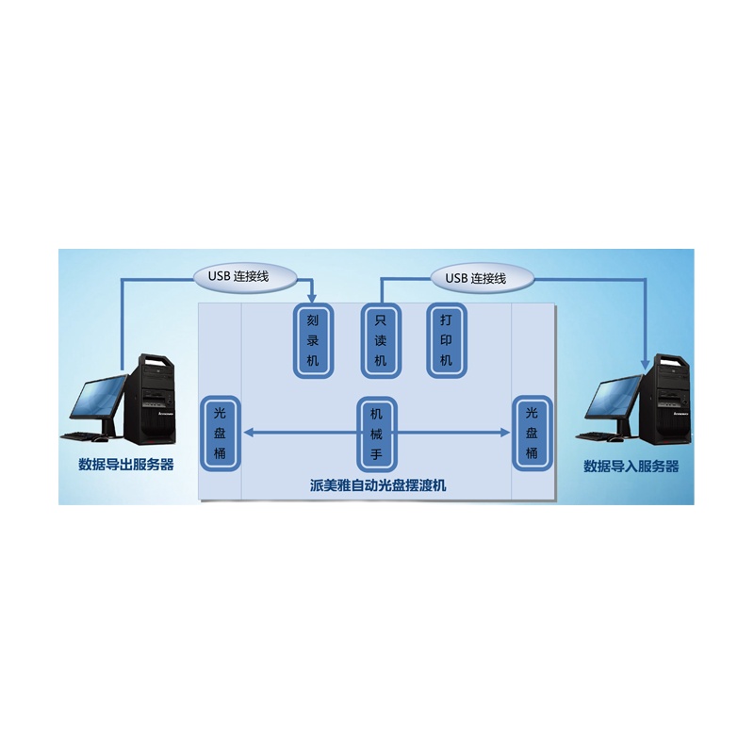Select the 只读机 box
381,340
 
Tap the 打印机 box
447,340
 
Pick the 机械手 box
376,433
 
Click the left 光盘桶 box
221,433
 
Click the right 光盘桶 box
532,433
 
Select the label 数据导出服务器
126,464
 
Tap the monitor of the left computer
97,398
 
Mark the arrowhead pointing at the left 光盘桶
248,433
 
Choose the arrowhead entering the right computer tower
647,362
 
